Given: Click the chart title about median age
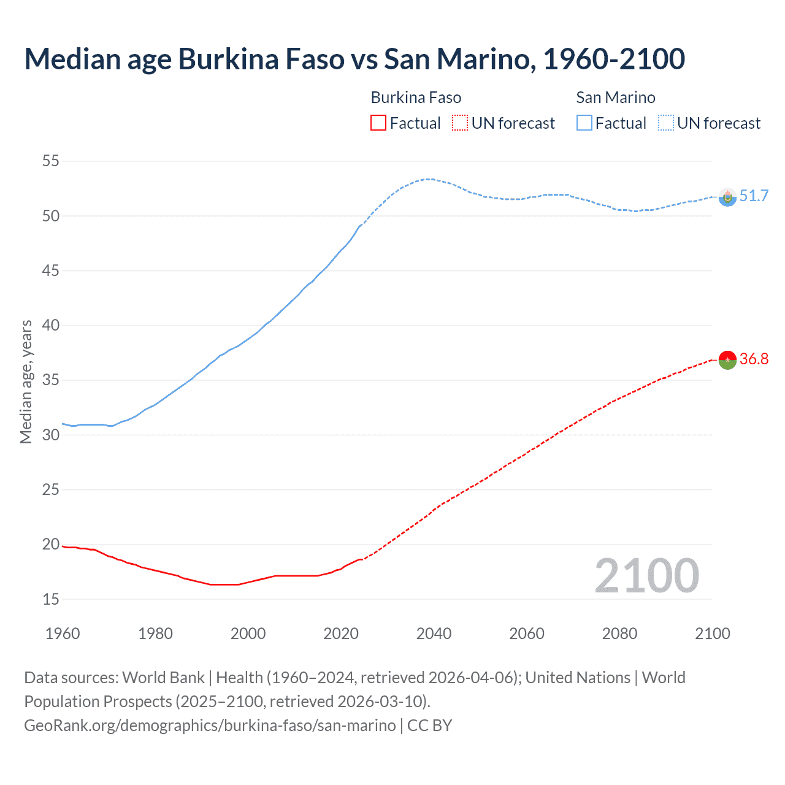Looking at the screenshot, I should (354, 59).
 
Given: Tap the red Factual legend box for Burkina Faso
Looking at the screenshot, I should (378, 123).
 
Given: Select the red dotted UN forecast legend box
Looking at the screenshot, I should (460, 123).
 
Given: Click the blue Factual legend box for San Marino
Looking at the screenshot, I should (584, 123).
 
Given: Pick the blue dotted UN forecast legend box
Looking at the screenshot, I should (665, 123).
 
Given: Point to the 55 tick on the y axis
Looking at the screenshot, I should (51, 161).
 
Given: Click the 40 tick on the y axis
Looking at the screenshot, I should (51, 326).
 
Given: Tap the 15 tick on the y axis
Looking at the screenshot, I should (51, 599).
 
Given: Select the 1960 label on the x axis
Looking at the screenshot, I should (63, 634).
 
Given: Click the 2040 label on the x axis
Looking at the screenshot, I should (434, 634).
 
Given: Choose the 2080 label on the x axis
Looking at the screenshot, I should (619, 634).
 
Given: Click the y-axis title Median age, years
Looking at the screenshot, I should (26, 381).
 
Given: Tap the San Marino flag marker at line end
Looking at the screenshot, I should (727, 197).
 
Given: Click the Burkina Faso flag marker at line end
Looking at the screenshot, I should (727, 360).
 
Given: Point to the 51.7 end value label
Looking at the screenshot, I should (754, 196).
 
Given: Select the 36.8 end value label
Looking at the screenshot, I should (754, 359).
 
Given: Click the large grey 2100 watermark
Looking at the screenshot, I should (646, 576).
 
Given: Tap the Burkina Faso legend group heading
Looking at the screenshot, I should (416, 98).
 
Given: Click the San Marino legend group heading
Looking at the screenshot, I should (616, 98).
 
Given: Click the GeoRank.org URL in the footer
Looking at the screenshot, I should (210, 726).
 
